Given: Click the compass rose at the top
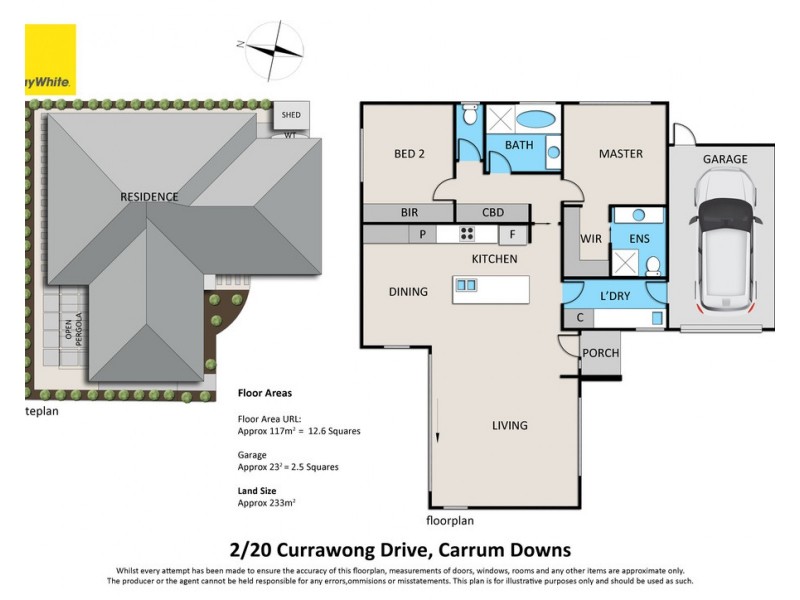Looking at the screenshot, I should (x=273, y=48).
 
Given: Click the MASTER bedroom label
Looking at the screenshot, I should (x=620, y=154).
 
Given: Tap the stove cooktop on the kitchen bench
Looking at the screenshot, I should (x=466, y=235).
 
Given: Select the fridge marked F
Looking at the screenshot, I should (x=512, y=235).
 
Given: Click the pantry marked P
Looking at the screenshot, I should (x=423, y=235).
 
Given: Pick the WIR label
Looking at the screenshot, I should (x=590, y=239).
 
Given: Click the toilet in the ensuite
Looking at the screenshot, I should (x=652, y=265).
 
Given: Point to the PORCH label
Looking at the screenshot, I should (x=600, y=353).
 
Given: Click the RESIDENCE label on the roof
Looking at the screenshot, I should (x=149, y=197).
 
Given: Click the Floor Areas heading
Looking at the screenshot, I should (x=264, y=394).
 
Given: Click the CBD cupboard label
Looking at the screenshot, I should (x=493, y=212).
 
